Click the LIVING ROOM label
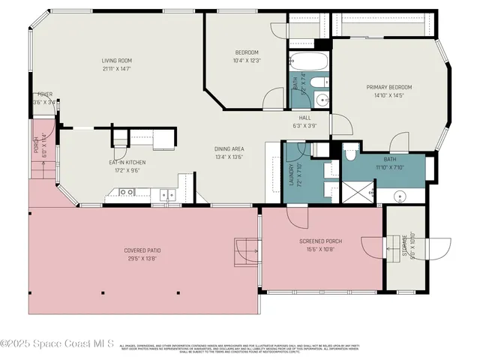pos(117,61)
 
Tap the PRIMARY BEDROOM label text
pos(388,87)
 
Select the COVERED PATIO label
pos(142,250)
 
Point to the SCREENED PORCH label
pos(320,241)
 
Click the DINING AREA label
pos(229,148)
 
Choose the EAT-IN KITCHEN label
pos(127,162)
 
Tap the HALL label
pos(304,118)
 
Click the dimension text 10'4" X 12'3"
pos(247,61)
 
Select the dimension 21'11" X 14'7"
pos(117,68)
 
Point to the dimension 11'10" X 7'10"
pos(390,167)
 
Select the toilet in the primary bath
pos(350,154)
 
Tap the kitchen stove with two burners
pos(166,195)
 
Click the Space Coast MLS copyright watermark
pos(57,344)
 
